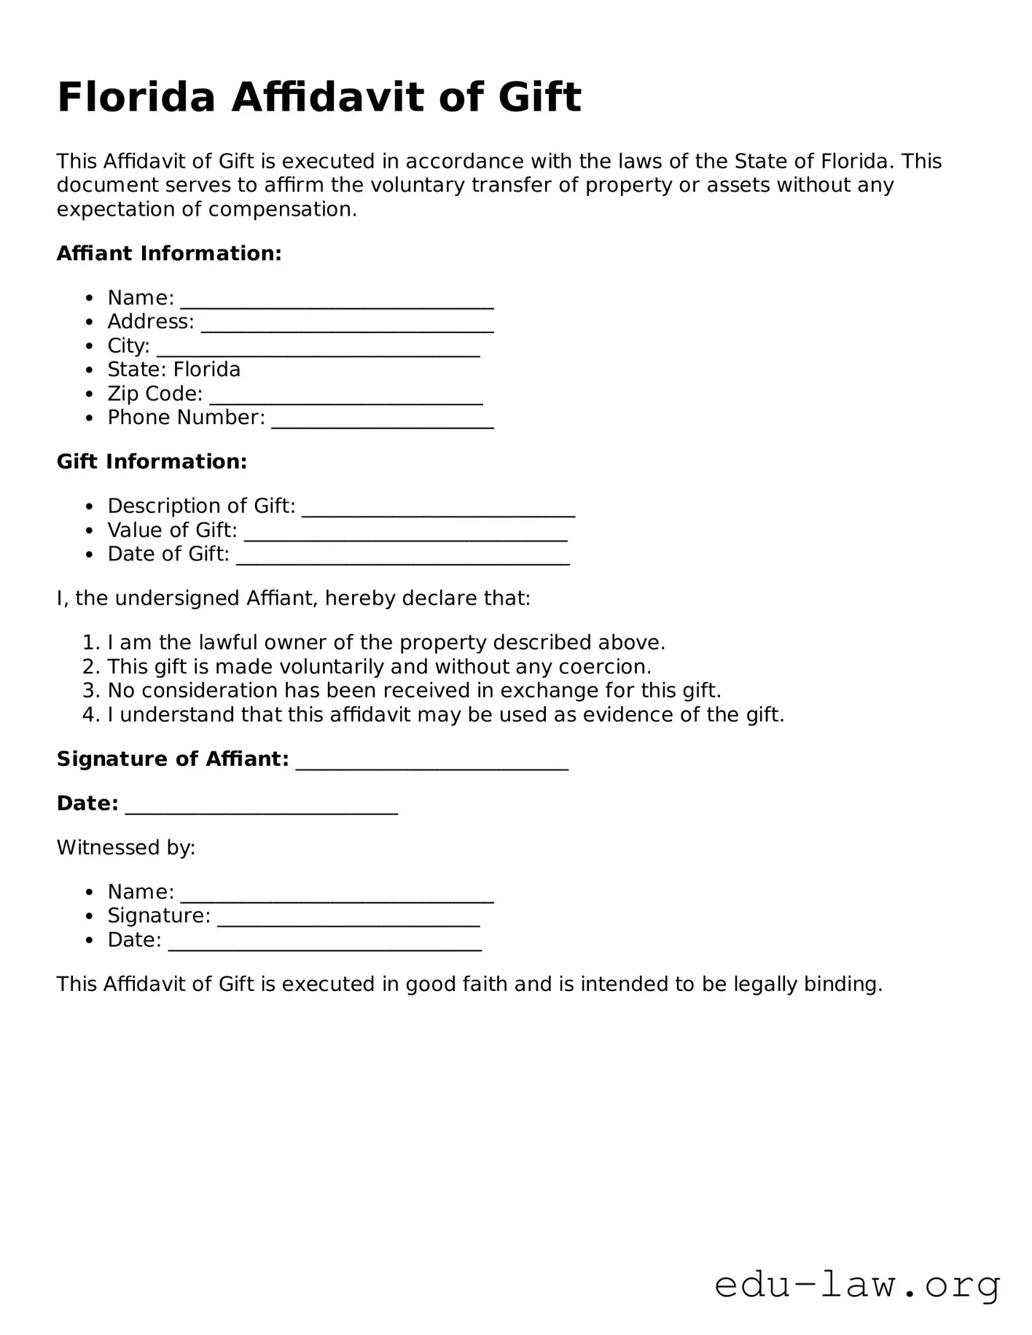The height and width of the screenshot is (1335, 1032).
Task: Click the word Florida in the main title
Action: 136,98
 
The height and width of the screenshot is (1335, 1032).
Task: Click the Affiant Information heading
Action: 169,254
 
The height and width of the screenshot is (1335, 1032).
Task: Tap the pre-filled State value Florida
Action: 207,369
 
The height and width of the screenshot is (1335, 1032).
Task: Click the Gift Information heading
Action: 152,461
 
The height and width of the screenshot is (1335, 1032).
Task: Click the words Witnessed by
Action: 126,847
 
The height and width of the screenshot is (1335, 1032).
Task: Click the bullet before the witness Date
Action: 89,940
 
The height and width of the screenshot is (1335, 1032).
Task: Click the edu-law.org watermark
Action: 857,1285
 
